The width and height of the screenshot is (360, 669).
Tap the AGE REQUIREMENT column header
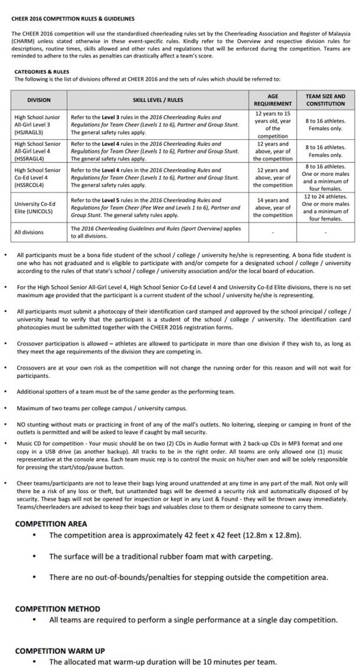(x=272, y=100)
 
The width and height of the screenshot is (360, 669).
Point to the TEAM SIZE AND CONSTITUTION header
(x=325, y=100)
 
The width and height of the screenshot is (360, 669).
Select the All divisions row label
(x=29, y=232)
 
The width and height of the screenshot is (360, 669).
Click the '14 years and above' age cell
(x=272, y=208)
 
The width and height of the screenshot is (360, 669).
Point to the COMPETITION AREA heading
(x=51, y=523)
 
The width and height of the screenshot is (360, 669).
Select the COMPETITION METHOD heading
(x=57, y=608)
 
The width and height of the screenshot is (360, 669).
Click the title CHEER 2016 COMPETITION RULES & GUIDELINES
(x=73, y=18)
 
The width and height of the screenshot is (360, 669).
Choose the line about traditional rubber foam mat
(x=161, y=556)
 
